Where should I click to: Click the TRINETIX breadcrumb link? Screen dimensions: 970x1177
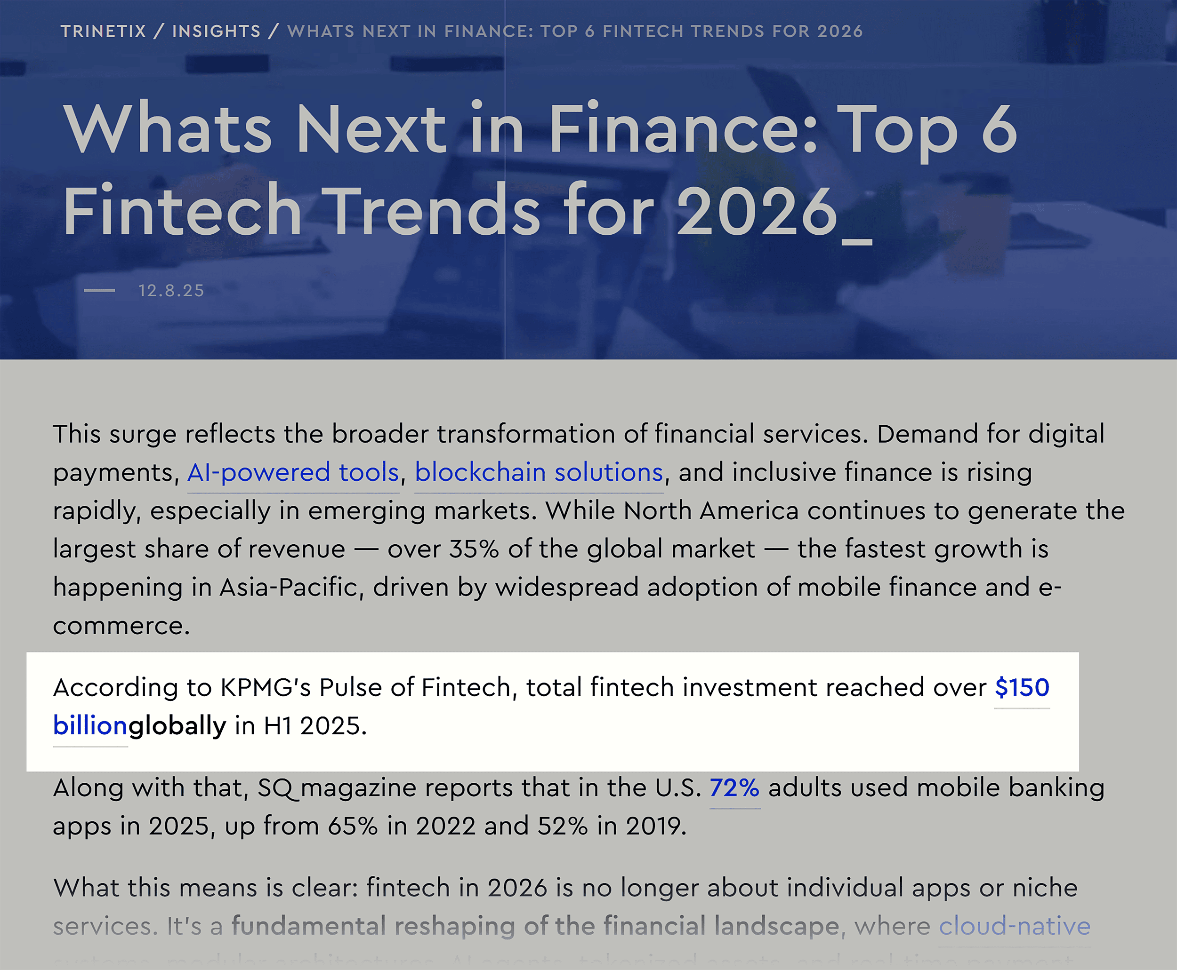pyautogui.click(x=103, y=32)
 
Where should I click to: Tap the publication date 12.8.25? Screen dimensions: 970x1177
pyautogui.click(x=171, y=291)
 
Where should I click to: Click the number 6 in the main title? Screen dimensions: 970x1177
pyautogui.click(x=999, y=130)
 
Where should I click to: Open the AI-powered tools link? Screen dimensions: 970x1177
pyautogui.click(x=293, y=473)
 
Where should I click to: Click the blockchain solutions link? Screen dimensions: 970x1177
pyautogui.click(x=539, y=473)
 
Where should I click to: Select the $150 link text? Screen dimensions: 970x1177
pyautogui.click(x=1022, y=687)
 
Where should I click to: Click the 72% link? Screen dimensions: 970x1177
pyautogui.click(x=734, y=788)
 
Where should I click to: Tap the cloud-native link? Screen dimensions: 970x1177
pyautogui.click(x=1014, y=926)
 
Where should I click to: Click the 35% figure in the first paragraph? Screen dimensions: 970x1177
pyautogui.click(x=474, y=549)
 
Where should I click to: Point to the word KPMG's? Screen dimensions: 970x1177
pyautogui.click(x=266, y=687)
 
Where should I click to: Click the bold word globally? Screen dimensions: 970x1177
pyautogui.click(x=177, y=726)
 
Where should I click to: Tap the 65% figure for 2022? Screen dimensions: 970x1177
pyautogui.click(x=352, y=826)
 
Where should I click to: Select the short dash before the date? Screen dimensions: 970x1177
pyautogui.click(x=99, y=291)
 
